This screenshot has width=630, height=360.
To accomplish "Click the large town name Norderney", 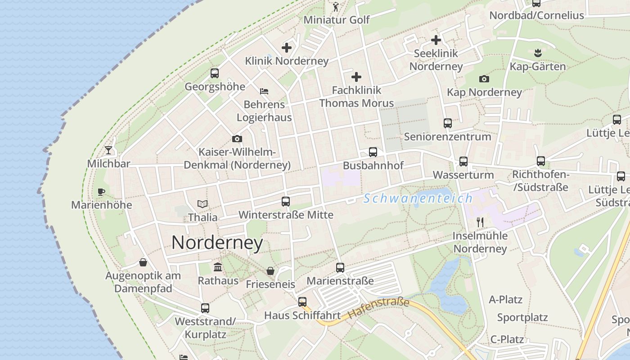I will [217, 243].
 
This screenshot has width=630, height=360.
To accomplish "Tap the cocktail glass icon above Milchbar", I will [108, 150].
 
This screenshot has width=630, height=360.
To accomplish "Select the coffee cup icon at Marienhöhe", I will [101, 192].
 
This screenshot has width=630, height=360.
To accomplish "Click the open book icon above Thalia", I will [202, 204].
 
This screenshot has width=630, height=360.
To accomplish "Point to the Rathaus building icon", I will [218, 267].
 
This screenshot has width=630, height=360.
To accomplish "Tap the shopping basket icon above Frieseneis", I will [270, 271].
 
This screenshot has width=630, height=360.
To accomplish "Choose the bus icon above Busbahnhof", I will [373, 152].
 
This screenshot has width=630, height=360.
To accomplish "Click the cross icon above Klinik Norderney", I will [287, 47].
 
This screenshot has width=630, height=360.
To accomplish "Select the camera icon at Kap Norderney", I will [484, 79].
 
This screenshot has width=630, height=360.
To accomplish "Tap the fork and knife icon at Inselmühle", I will [480, 222].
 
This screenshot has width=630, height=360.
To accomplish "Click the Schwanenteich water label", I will [418, 198].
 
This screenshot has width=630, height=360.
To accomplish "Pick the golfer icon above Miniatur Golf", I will [336, 7].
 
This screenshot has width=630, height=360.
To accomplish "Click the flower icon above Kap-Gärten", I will [537, 53].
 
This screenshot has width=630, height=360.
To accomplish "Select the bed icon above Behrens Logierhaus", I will [264, 91].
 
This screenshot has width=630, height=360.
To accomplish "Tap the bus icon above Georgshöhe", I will [215, 73].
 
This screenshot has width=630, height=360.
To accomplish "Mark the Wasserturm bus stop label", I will [463, 175].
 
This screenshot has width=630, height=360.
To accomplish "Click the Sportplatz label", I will [522, 317].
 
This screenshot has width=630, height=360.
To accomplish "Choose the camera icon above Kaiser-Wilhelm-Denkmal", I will [237, 139].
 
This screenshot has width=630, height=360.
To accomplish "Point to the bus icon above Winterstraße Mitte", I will [286, 202].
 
